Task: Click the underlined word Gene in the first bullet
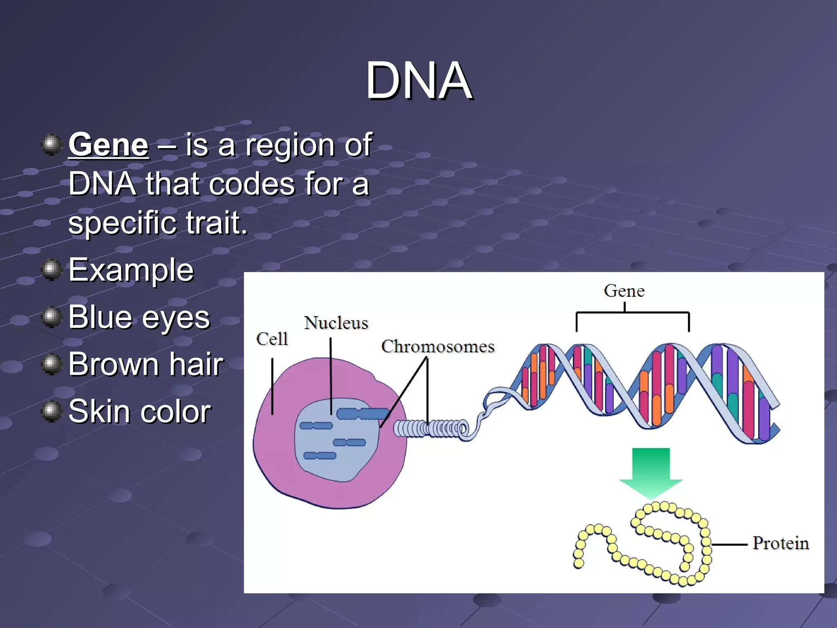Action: [x=108, y=145]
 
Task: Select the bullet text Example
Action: [x=131, y=270]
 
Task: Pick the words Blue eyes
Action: [x=139, y=318]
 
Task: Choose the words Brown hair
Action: [x=145, y=364]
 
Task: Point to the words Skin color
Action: [x=139, y=411]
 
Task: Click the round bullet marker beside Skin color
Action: [x=51, y=411]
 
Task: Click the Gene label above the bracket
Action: [x=624, y=291]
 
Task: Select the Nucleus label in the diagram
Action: [x=336, y=323]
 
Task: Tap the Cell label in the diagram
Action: [x=272, y=339]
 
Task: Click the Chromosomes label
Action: [x=438, y=347]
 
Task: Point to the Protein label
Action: [x=781, y=543]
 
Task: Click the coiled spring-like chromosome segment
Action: [x=429, y=429]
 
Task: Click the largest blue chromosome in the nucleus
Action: [x=362, y=414]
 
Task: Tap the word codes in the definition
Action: [x=252, y=184]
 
